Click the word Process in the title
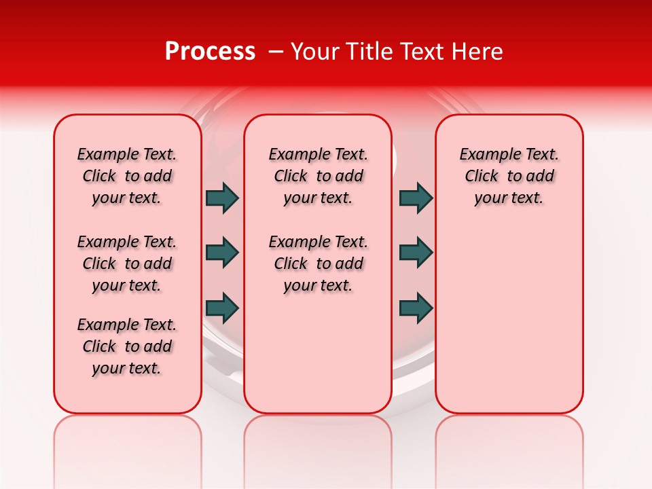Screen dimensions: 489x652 pyautogui.click(x=210, y=52)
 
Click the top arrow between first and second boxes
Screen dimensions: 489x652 pyautogui.click(x=222, y=198)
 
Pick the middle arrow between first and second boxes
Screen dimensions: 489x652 pyautogui.click(x=222, y=253)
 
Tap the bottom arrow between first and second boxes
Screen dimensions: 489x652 pyautogui.click(x=222, y=308)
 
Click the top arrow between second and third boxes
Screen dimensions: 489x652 pyautogui.click(x=416, y=198)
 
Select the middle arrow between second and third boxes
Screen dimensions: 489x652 pyautogui.click(x=416, y=253)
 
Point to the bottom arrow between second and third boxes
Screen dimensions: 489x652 pyautogui.click(x=416, y=308)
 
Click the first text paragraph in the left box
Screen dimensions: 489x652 pyautogui.click(x=127, y=176)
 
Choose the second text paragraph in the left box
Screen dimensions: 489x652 pyautogui.click(x=127, y=264)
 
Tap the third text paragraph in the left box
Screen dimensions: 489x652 pyautogui.click(x=127, y=346)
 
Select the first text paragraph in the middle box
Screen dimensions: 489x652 pyautogui.click(x=318, y=176)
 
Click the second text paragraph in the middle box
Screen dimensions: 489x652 pyautogui.click(x=318, y=264)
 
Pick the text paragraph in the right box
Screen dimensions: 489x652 pyautogui.click(x=509, y=176)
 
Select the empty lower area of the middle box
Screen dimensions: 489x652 pyautogui.click(x=318, y=353)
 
